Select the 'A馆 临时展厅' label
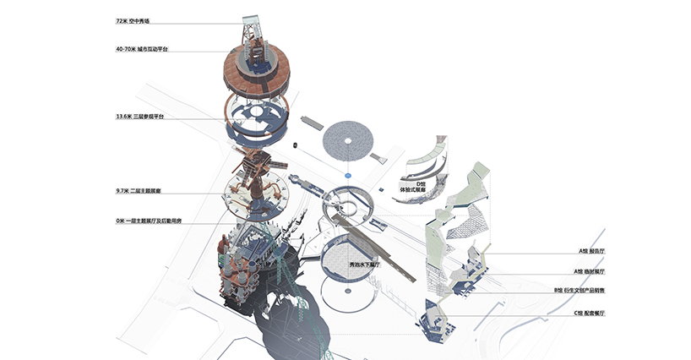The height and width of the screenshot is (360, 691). click(x=591, y=271)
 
